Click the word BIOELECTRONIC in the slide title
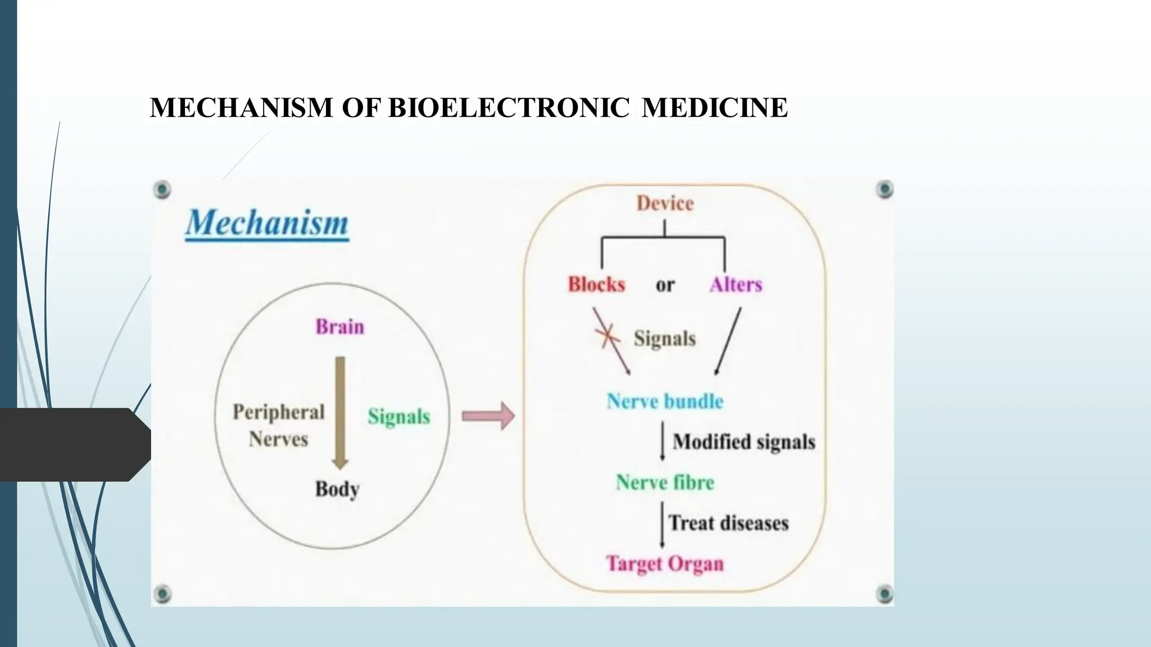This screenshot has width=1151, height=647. coord(509,107)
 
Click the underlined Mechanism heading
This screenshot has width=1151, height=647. coord(268,223)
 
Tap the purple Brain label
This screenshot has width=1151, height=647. coord(339,326)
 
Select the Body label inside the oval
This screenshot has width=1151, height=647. coord(337,489)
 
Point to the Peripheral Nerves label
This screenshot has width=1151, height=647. coord(279,425)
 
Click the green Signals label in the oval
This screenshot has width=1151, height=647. coord(399,416)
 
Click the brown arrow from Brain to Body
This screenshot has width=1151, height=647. coord(340,413)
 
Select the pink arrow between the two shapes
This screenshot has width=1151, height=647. coord(488,416)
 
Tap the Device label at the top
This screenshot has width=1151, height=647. coord(665,203)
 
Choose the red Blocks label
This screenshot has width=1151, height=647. coord(596,284)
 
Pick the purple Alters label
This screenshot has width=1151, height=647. coord(736,284)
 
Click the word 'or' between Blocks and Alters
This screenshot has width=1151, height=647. coord(665,285)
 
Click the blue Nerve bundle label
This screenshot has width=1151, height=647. coord(665,401)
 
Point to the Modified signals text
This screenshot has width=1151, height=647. coord(744,442)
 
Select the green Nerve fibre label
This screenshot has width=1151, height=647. coord(665,482)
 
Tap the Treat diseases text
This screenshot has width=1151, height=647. coord(728,523)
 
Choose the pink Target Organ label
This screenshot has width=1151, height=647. coord(665,563)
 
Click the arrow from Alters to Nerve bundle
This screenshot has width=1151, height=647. coord(728,341)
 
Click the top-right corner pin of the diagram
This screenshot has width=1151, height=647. coord(885,189)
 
